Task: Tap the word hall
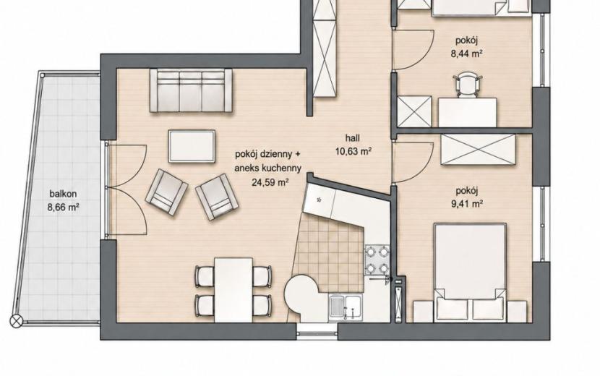tap(353, 138)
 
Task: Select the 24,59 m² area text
tap(270, 182)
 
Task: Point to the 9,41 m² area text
tap(466, 203)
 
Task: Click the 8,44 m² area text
tap(466, 54)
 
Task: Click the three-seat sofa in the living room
tap(191, 90)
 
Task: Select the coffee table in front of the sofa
tap(192, 146)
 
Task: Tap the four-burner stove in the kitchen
tap(377, 260)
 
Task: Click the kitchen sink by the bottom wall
tap(345, 307)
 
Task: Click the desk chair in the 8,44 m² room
tap(467, 84)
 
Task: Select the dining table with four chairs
tap(233, 290)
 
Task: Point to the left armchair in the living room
tap(166, 192)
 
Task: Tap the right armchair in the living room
tap(217, 197)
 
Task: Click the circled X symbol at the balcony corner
tap(17, 321)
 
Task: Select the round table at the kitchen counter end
tap(301, 295)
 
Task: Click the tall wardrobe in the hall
tap(325, 48)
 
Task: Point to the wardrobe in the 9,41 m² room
tap(478, 150)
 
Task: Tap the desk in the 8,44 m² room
tap(467, 112)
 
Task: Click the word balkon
tap(63, 194)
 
